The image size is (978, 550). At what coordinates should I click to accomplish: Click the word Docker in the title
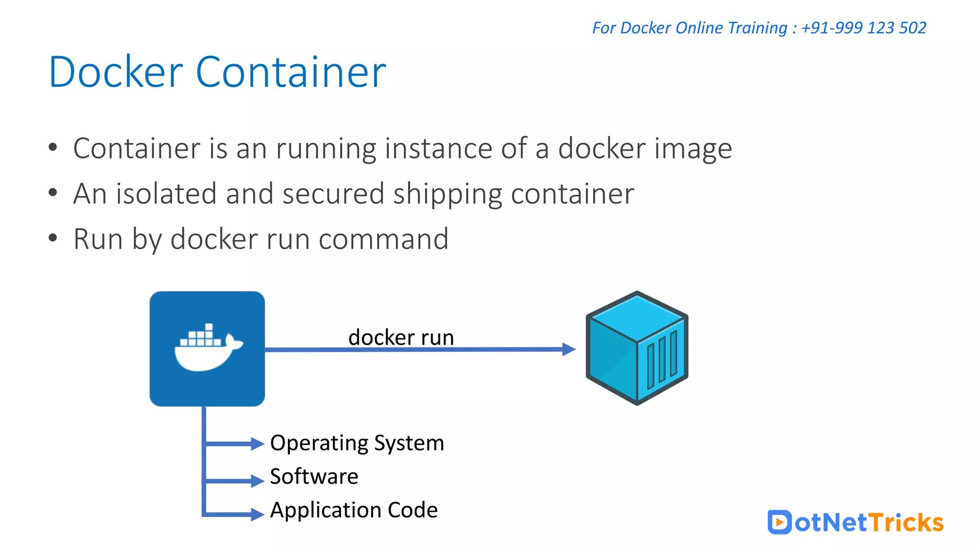pos(116,72)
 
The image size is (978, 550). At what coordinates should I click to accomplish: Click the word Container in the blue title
pos(290,72)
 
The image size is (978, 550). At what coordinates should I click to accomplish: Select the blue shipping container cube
pos(637,348)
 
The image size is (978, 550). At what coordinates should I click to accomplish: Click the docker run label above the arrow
pos(401,337)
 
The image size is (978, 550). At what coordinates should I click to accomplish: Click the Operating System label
pos(357,443)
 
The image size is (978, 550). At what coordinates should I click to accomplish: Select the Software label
pos(314,476)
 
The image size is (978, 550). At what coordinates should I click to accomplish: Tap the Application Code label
pos(353,510)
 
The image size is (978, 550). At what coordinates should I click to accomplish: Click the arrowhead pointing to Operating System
pos(257,444)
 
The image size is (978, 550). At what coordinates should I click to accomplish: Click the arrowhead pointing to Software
pos(257,480)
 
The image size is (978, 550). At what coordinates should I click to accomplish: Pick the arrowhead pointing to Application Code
pos(257,514)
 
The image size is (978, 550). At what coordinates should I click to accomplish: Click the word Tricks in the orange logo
pos(906,522)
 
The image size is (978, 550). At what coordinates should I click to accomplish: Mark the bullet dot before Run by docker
pos(53,238)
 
